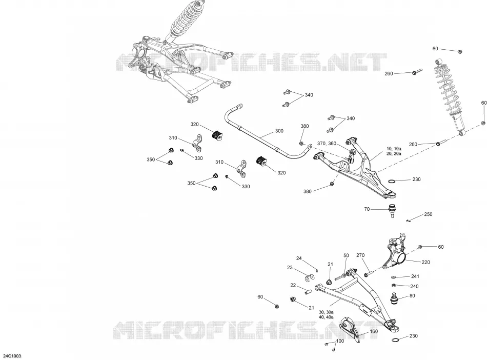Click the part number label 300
tap(279, 131)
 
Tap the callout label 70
tap(367, 209)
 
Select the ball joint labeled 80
tap(394, 298)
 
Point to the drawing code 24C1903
tap(12, 356)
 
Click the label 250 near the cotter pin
tap(428, 214)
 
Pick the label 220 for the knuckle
tap(425, 262)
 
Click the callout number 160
tap(374, 331)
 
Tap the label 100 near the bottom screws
tap(340, 341)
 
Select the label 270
tap(360, 255)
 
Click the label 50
tap(346, 255)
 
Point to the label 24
tap(299, 258)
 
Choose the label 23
tap(290, 268)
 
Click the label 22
tap(293, 286)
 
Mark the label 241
tap(415, 276)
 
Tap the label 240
tap(414, 286)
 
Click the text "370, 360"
tap(327, 144)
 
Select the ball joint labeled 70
tap(393, 211)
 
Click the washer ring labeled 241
tap(394, 277)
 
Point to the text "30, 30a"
tap(326, 312)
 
